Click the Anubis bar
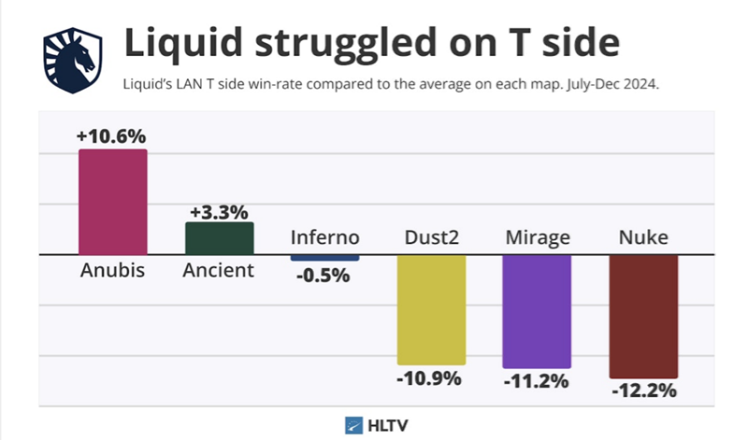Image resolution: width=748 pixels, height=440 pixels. tap(112, 201)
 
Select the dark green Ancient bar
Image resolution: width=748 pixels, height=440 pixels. tap(219, 238)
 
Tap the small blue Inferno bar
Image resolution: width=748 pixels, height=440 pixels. tap(324, 257)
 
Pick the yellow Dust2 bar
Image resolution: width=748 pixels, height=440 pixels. tap(431, 309)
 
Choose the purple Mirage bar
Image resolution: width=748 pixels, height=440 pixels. tap(537, 311)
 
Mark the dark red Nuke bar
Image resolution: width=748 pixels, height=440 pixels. tap(643, 316)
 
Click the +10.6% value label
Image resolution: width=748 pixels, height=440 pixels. tap(111, 136)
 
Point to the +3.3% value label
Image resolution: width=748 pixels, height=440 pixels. tap(219, 210)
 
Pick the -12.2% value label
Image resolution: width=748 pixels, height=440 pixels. tap(643, 390)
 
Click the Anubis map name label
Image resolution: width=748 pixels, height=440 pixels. tap(112, 271)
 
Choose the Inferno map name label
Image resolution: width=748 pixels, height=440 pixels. tap(324, 237)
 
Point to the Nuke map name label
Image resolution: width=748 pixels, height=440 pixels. tap(643, 237)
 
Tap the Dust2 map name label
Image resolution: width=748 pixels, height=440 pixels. tap(431, 237)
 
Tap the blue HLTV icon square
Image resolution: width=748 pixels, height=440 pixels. tap(354, 423)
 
